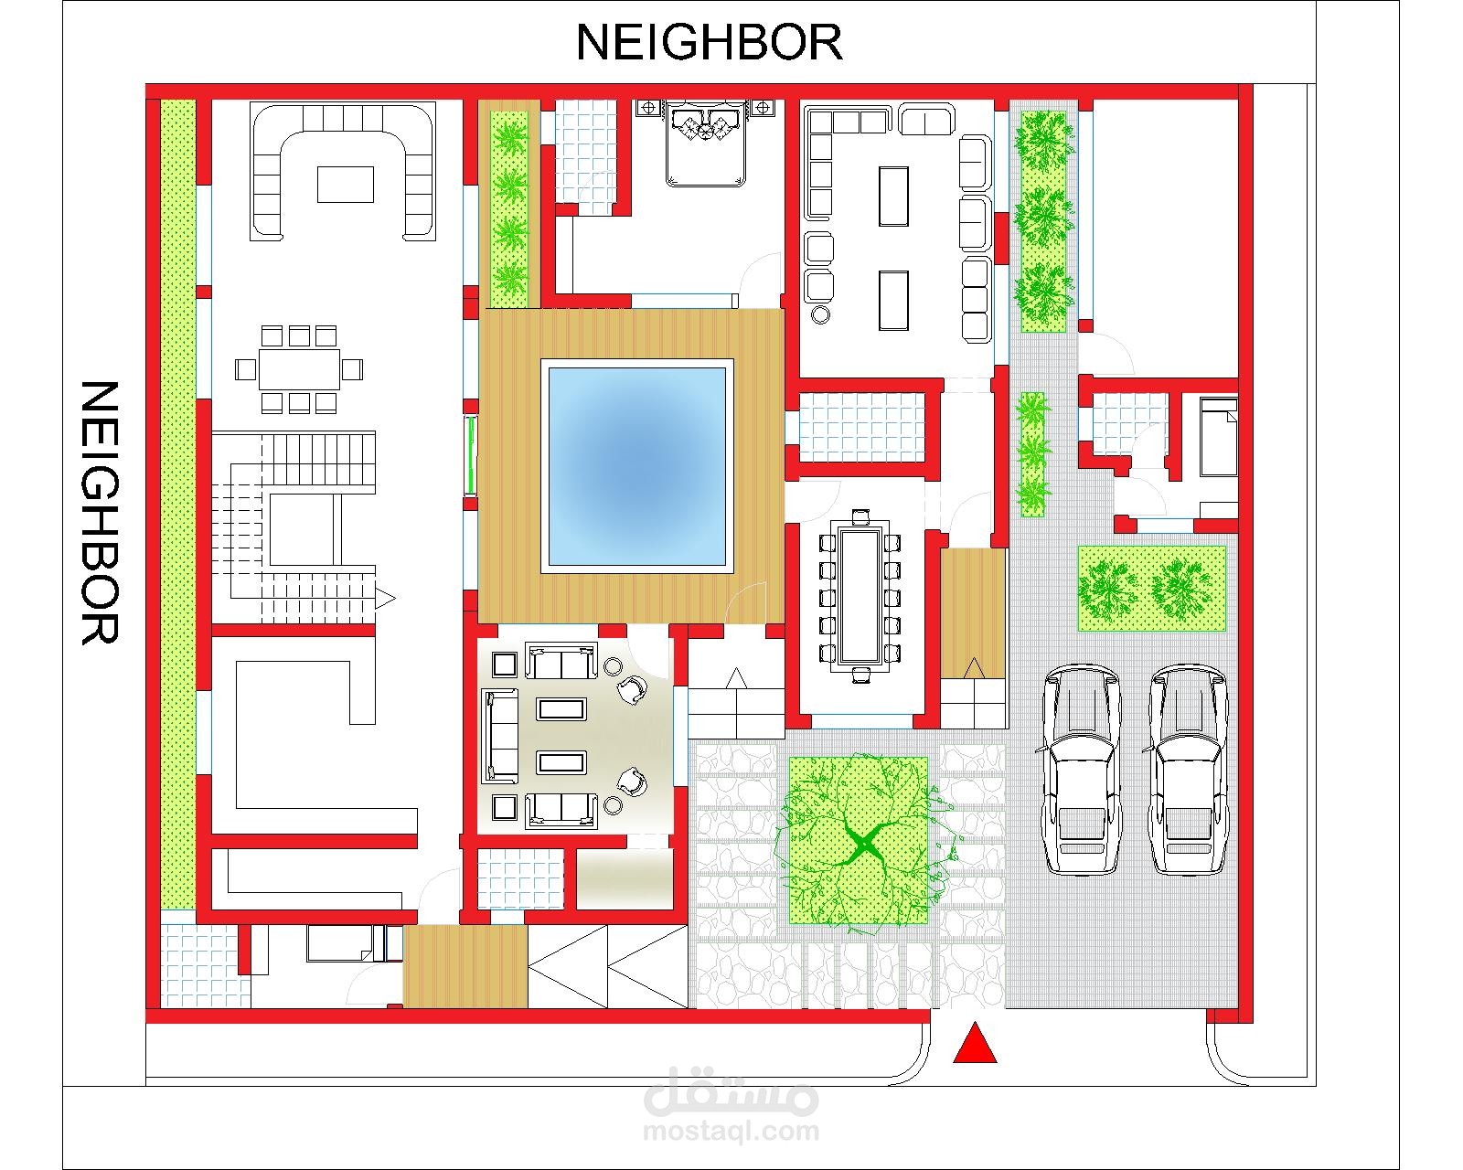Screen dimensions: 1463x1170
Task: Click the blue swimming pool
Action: pos(637,466)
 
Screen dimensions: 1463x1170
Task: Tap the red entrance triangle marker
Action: pos(974,1042)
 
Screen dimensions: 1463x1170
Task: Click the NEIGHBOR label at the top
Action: pos(709,42)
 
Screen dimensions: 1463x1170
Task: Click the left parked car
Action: pos(1081,769)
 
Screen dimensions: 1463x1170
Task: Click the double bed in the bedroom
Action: pos(706,144)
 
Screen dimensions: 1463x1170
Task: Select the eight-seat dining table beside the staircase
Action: pos(298,369)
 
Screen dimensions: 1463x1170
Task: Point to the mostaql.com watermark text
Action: pos(731,1132)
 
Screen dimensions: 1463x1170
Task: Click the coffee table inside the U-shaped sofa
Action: pos(346,185)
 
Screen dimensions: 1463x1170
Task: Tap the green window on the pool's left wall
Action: pos(470,456)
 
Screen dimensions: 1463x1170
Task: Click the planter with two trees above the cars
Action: pos(1152,589)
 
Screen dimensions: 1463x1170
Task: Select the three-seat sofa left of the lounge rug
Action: pos(499,736)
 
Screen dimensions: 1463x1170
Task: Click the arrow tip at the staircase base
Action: pos(395,599)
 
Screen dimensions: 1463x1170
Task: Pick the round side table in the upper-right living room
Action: pos(820,314)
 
